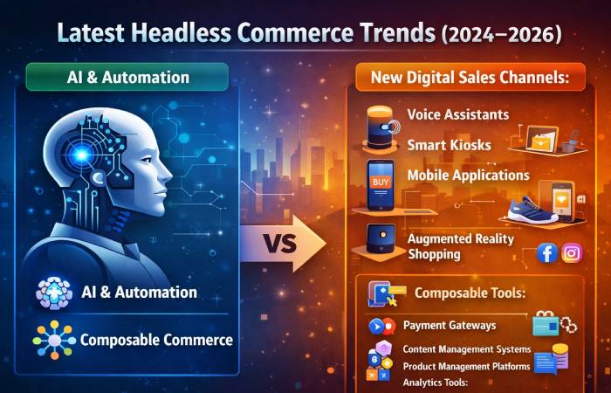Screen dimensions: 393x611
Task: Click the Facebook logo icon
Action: point(546,253)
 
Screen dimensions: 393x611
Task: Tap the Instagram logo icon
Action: point(572,253)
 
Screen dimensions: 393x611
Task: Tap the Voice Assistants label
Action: point(459,114)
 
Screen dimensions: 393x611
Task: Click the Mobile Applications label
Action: point(468,175)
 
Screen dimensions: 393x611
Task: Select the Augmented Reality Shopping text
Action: point(461,245)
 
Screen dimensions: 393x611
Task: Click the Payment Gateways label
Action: point(450,326)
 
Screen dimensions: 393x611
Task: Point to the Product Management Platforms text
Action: point(467,366)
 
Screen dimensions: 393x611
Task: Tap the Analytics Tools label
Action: point(436,383)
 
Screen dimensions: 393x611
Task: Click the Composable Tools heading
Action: point(470,293)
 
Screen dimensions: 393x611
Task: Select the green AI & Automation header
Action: point(128,78)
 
